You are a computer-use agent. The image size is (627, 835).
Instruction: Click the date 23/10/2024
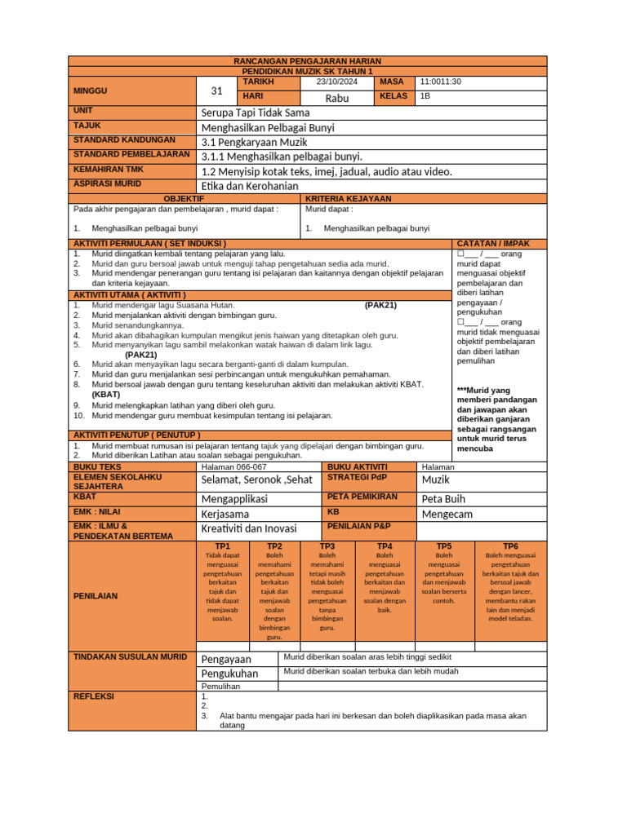click(x=337, y=82)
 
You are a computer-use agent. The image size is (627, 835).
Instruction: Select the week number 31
click(x=216, y=91)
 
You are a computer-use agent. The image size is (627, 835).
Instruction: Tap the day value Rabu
click(x=337, y=98)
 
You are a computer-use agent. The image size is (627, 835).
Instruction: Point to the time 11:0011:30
click(x=441, y=82)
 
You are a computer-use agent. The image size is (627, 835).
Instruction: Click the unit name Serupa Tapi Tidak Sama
click(x=256, y=113)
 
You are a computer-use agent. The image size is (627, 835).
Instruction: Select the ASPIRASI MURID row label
click(x=107, y=184)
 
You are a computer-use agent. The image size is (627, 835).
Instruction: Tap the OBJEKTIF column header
click(x=184, y=199)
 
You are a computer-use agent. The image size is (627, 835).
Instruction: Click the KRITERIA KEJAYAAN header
click(x=349, y=199)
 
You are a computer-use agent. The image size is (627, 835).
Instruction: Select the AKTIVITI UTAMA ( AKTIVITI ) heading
click(x=130, y=294)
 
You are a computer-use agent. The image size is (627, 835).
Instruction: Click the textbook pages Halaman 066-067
click(x=233, y=467)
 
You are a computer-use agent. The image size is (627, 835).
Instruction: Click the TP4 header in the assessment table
click(x=385, y=546)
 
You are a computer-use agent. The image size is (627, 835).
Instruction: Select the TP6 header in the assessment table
click(x=510, y=546)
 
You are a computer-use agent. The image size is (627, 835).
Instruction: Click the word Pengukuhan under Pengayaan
click(x=229, y=674)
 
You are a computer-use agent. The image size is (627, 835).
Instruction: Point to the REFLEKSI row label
click(x=94, y=697)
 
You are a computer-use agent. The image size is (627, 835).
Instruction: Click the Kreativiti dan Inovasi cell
click(x=248, y=530)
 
